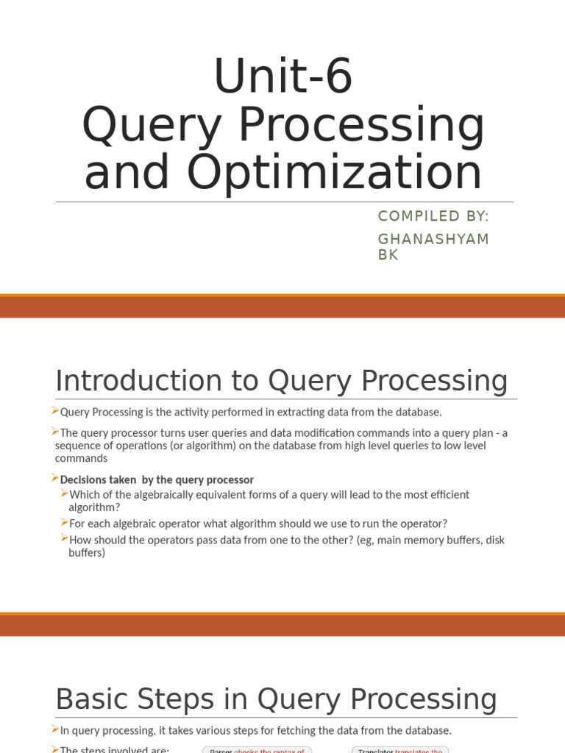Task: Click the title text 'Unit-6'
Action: pos(282,76)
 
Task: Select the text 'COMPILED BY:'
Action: pos(433,215)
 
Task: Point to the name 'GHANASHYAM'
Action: pos(433,240)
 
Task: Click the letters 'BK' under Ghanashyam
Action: pos(388,255)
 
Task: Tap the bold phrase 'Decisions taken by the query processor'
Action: pos(157,479)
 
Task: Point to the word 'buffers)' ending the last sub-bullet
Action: pos(87,552)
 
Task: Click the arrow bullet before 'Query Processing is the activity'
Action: pos(55,411)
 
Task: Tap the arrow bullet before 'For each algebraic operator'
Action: pos(65,523)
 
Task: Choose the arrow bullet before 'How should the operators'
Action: pos(65,539)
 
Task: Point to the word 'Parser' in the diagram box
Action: pos(221,750)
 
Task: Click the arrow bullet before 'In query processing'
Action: pos(55,729)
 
